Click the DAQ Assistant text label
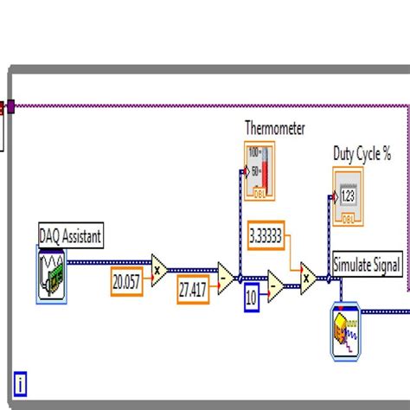coord(71,234)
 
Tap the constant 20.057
coord(125,280)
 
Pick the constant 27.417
coord(191,291)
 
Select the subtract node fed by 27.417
coord(225,276)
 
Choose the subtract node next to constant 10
coord(274,286)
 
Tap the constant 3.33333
coord(270,236)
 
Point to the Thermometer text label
coord(275,128)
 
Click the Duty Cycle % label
coord(362,154)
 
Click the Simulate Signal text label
coord(367,266)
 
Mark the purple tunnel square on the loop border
coord(11,107)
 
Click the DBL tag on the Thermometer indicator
coord(256,192)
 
